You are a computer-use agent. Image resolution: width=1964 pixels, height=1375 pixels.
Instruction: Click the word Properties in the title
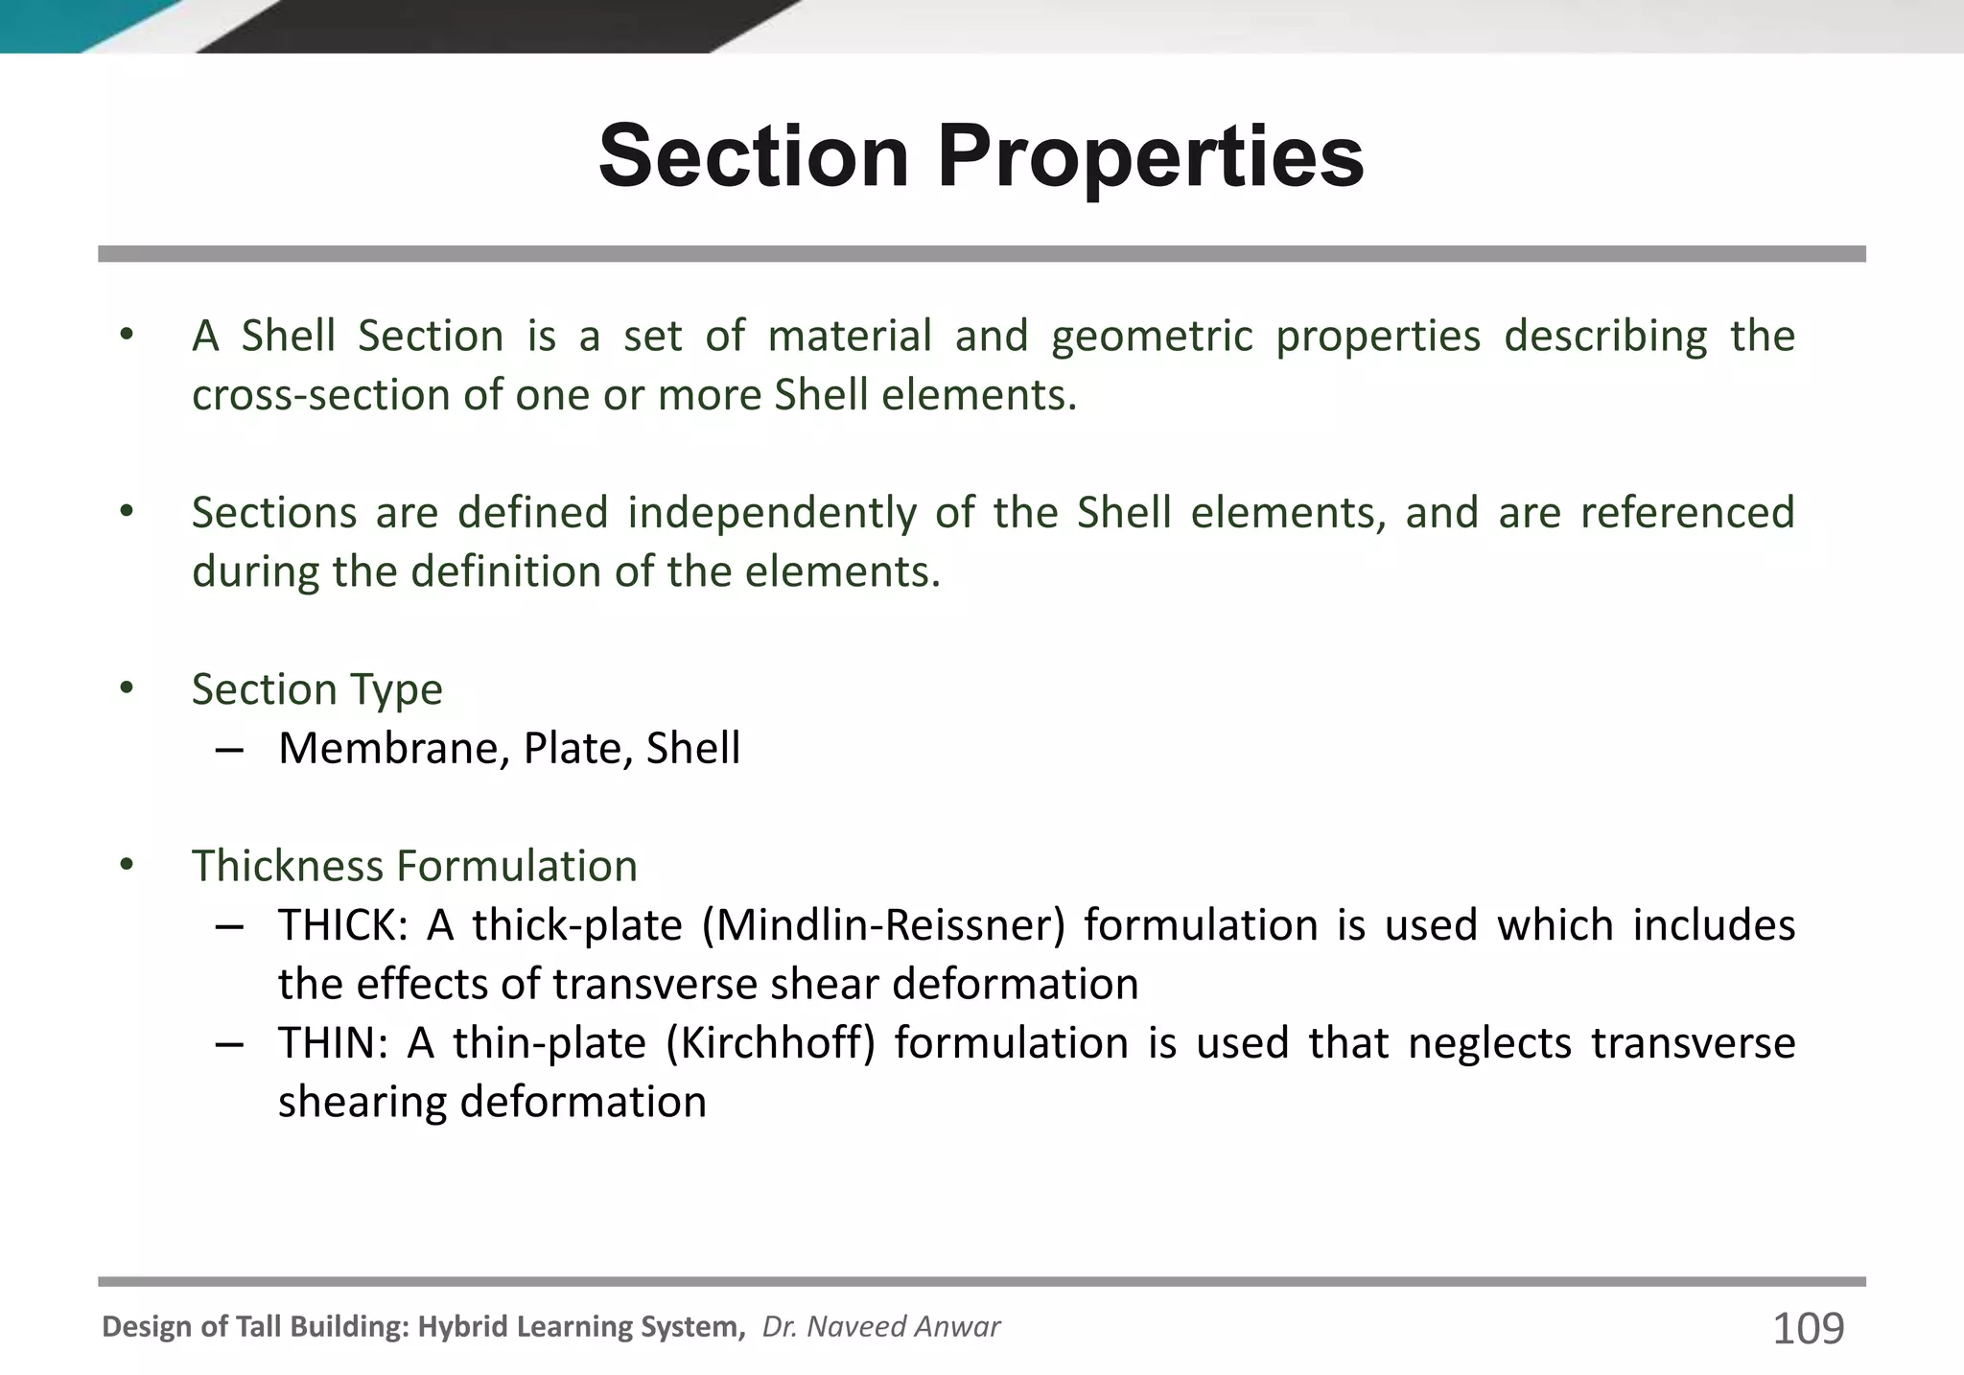pos(1151,157)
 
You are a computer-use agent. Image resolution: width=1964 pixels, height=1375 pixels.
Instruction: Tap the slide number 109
pos(1808,1329)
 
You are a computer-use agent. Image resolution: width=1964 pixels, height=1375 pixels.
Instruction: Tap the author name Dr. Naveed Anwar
pos(880,1327)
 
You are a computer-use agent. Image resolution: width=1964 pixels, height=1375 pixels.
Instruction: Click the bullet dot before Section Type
pos(127,688)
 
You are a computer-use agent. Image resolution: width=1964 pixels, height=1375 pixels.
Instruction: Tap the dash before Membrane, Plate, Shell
pos(229,749)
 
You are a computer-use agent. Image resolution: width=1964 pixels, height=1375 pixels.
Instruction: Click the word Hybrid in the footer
pos(464,1327)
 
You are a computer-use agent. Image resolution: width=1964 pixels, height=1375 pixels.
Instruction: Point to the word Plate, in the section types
pos(574,749)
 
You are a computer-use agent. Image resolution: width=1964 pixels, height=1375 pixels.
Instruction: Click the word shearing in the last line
pos(362,1103)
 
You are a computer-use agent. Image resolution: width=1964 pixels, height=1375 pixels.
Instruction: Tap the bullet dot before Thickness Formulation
pos(127,865)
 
